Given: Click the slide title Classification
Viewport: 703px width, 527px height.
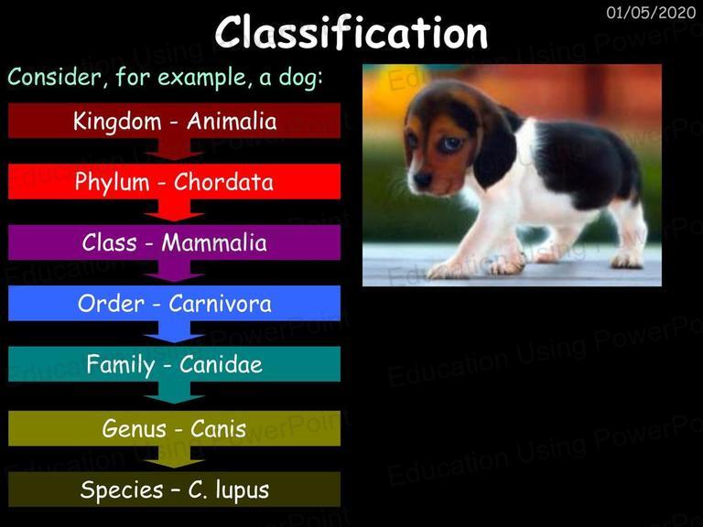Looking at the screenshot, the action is [351, 32].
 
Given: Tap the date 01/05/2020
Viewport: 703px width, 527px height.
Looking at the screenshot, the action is [651, 13].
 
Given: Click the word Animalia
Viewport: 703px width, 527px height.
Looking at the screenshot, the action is [232, 122].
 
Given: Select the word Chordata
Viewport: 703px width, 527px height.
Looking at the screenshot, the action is [223, 182].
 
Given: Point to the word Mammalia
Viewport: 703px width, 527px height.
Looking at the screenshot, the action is [214, 242].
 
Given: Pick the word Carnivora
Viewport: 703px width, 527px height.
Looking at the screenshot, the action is [220, 304].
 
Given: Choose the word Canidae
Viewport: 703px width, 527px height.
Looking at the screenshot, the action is [221, 364].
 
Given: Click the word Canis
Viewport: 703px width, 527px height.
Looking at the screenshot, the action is [219, 429].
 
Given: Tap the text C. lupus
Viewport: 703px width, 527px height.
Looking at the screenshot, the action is [229, 490].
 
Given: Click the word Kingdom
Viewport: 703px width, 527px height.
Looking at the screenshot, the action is [117, 122].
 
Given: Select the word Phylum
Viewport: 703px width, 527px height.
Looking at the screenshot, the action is [112, 182].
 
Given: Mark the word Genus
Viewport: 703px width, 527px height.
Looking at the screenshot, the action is [134, 429].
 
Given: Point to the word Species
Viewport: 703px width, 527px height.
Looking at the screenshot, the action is [122, 490].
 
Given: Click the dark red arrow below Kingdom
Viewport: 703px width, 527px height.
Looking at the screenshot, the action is [175, 149].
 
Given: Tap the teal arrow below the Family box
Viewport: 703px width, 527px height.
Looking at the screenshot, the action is [175, 393].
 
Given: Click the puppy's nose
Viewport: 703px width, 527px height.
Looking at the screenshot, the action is [421, 179].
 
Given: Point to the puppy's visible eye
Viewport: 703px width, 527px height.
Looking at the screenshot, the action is [450, 144].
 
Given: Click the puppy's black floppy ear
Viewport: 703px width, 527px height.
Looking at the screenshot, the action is [494, 148].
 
